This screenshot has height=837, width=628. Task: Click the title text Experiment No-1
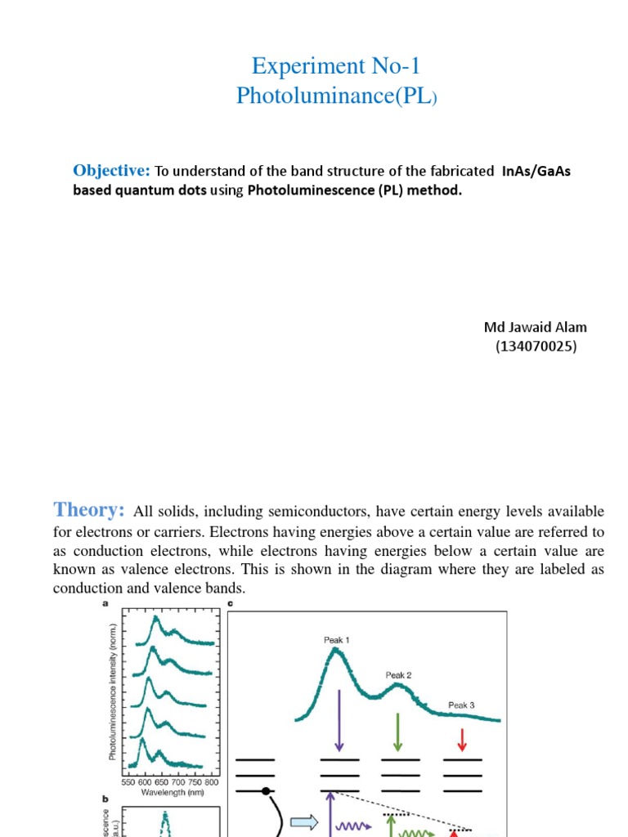click(337, 66)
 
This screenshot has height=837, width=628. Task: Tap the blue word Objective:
click(111, 171)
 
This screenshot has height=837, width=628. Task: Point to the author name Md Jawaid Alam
click(536, 327)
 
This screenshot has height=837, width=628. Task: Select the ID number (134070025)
click(536, 346)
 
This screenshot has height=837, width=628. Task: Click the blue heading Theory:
click(88, 510)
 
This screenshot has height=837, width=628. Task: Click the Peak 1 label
click(336, 640)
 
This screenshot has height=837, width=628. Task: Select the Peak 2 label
click(398, 675)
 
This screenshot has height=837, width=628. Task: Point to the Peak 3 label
click(461, 705)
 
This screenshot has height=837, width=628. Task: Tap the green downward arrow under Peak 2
click(398, 733)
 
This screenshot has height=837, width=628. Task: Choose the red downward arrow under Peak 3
click(462, 740)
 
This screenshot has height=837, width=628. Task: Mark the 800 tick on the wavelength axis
click(211, 782)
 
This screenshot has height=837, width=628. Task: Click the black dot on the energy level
click(266, 791)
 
